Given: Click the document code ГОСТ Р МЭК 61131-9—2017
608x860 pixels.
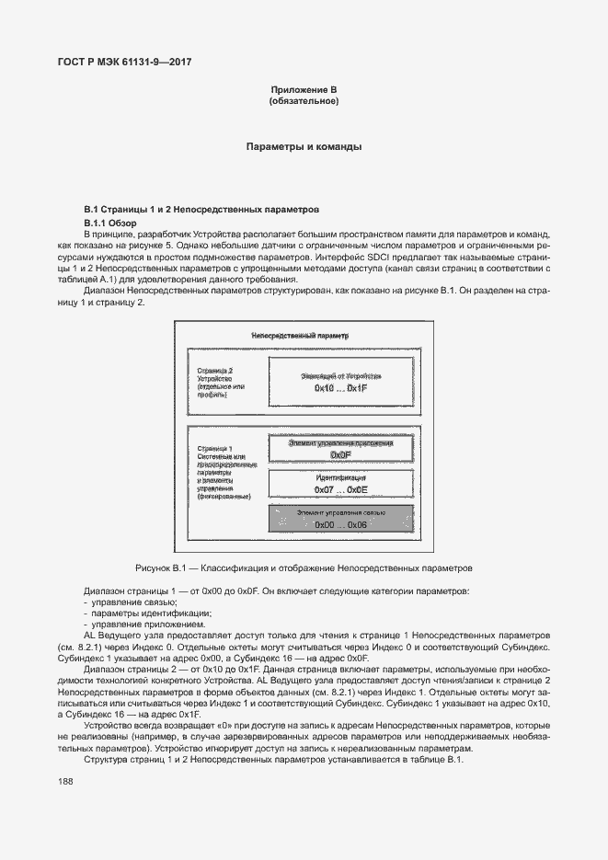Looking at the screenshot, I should (124, 63).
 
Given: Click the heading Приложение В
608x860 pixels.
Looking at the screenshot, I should (304, 89).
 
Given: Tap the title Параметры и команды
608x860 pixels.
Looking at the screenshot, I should (304, 147).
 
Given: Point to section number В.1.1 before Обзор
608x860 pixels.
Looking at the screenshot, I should (98, 224).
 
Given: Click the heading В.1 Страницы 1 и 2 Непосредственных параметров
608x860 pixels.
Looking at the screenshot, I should (201, 210).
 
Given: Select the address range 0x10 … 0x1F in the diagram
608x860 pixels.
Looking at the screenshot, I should (340, 389).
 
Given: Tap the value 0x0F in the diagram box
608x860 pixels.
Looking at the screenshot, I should (340, 454).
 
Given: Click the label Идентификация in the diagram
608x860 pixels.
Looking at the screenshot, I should (340, 479).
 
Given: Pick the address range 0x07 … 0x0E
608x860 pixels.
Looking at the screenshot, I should (340, 491).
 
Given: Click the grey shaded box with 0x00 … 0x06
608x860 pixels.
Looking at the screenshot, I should (340, 518).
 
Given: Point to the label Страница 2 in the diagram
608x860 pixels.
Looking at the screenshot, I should (216, 370).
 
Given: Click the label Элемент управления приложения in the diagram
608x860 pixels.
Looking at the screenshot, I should (340, 443).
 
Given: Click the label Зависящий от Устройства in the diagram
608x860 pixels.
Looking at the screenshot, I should (340, 377).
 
